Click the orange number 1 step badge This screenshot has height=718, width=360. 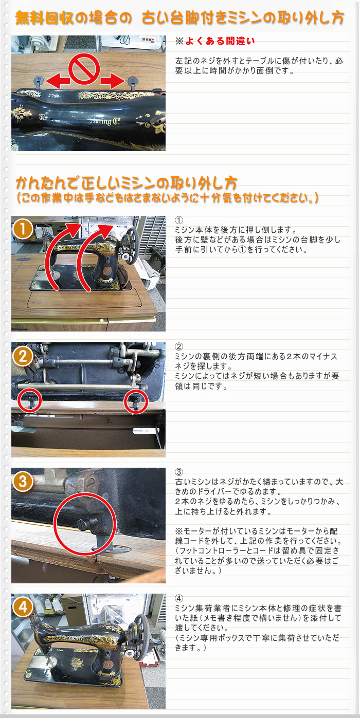coord(23,230)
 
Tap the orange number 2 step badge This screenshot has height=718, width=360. coord(23,357)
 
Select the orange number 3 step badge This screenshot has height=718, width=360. coord(23,482)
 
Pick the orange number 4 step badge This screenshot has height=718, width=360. coord(23,607)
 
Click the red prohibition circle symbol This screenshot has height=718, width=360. coord(84,69)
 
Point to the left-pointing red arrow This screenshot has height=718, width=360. coord(58,81)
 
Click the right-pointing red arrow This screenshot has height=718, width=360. coord(112,81)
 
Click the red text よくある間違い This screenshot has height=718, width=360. coord(220,41)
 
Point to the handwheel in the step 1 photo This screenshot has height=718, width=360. coord(132,246)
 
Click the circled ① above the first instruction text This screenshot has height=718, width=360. coord(179,220)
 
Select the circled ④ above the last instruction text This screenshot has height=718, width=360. coord(179,598)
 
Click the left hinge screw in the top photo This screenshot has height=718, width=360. coord(38,80)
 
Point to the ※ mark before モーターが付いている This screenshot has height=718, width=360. coord(179,531)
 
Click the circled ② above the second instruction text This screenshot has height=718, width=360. coord(179,346)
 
